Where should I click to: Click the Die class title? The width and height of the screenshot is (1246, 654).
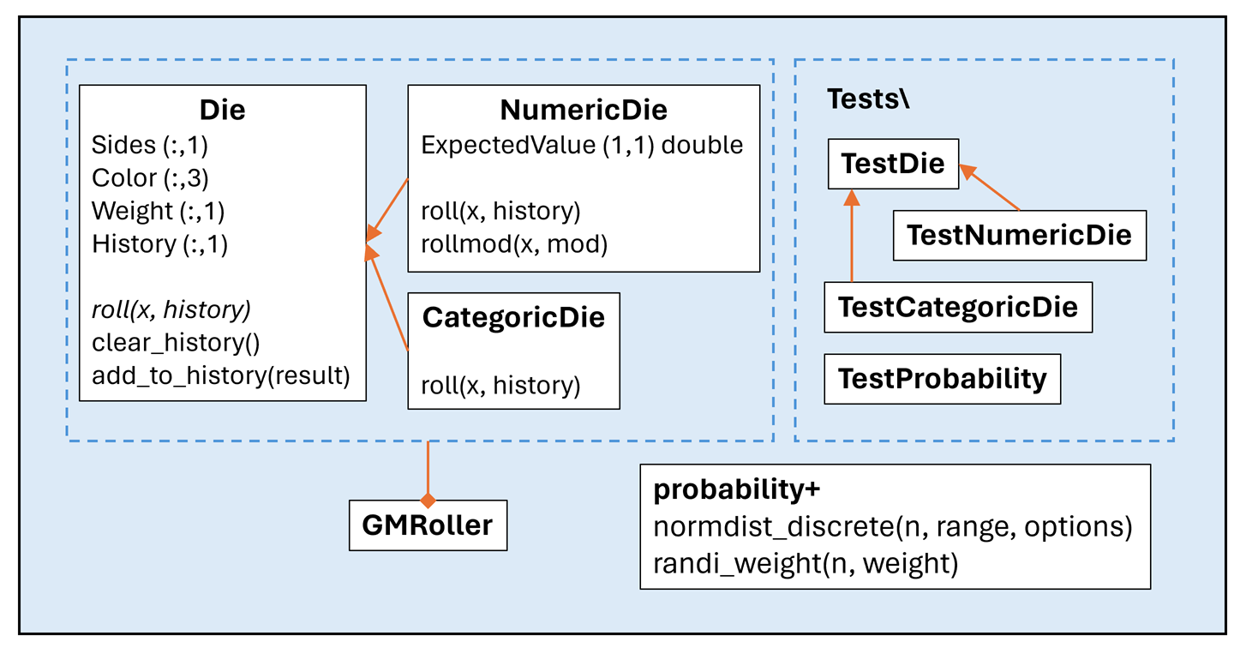(x=222, y=110)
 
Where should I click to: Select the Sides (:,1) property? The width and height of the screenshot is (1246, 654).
(x=150, y=145)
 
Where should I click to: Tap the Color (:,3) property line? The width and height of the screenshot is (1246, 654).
(x=151, y=177)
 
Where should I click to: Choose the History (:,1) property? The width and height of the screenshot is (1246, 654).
(x=159, y=244)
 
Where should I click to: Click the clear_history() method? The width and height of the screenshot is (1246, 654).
(x=176, y=342)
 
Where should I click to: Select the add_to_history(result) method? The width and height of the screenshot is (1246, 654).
(x=221, y=375)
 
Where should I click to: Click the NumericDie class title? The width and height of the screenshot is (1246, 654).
(x=584, y=110)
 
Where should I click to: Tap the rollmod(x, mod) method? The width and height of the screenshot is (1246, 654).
(x=514, y=244)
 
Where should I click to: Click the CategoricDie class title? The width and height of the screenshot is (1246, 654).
(x=513, y=317)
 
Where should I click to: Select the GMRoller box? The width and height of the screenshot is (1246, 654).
(x=428, y=525)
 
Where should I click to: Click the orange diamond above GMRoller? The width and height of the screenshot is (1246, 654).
(x=428, y=498)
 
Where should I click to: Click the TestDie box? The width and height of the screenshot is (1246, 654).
(x=893, y=163)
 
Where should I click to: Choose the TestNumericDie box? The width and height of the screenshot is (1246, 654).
(x=1019, y=235)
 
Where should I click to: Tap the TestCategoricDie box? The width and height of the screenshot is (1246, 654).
(x=957, y=306)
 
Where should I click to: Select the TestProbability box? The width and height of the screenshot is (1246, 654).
(x=942, y=378)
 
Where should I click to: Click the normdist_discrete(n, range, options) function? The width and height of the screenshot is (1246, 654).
(x=893, y=527)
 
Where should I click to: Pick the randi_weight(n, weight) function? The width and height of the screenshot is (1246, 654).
(x=805, y=563)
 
